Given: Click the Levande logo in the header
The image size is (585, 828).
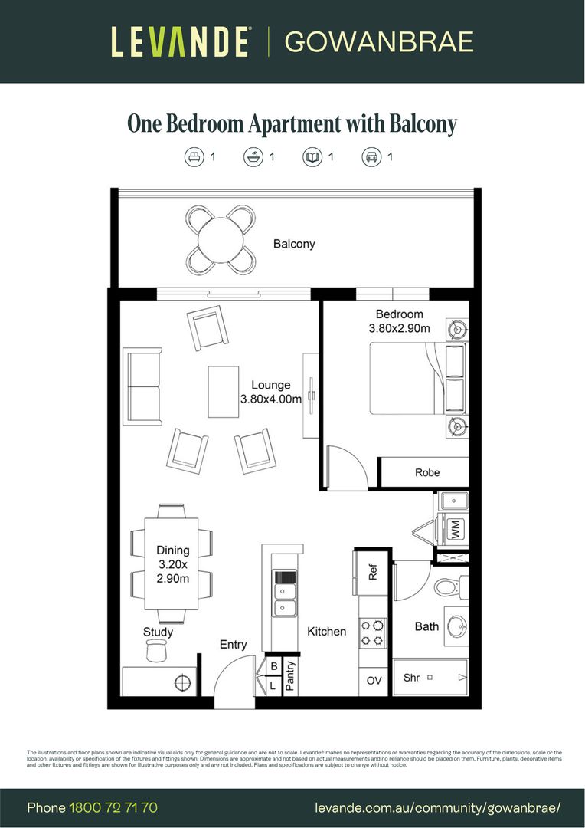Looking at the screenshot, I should [x=180, y=41].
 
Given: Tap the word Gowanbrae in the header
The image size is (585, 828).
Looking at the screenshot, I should [x=379, y=41].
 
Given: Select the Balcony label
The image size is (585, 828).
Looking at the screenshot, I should [x=294, y=244].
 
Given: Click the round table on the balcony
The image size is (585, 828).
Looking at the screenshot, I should [x=221, y=239].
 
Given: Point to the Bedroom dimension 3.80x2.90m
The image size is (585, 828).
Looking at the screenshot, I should [x=399, y=329].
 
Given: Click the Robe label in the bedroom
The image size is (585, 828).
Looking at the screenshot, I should [x=427, y=472].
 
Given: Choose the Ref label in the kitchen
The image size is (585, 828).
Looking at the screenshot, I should [x=374, y=573].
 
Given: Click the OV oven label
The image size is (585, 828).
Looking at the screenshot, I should [x=374, y=680].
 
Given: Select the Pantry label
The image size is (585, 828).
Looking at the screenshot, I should [x=290, y=676].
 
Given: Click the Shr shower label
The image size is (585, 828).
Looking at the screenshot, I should [x=412, y=678].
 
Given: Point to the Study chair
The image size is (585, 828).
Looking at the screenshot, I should [x=156, y=650].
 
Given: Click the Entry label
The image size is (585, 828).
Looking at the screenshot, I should [x=234, y=645].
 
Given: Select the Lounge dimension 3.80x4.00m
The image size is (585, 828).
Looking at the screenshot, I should [x=271, y=399].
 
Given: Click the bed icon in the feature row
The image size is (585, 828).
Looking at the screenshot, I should [x=194, y=157].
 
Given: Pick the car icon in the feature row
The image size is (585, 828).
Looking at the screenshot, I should [x=371, y=157].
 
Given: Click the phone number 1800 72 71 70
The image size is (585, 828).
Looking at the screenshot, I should [x=113, y=807].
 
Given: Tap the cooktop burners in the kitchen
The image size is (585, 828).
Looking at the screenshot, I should [x=373, y=633].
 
